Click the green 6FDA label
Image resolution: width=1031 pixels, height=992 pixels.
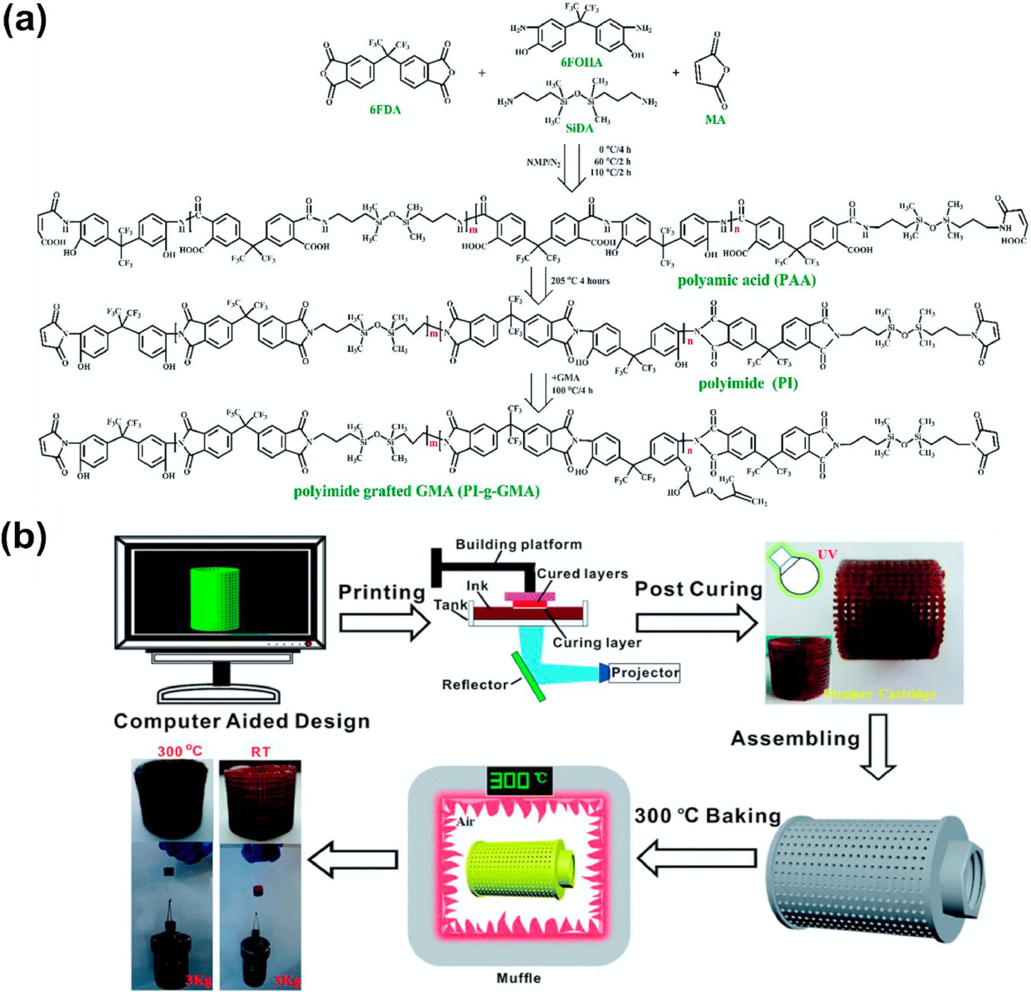click(x=385, y=110)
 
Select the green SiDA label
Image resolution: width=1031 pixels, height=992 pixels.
click(x=579, y=128)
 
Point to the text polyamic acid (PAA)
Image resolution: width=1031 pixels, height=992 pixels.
click(x=746, y=280)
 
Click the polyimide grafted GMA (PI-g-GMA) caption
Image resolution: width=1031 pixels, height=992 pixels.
click(x=416, y=491)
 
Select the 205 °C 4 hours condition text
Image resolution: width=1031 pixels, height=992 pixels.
click(x=580, y=281)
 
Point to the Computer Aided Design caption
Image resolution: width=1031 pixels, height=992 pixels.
click(x=242, y=721)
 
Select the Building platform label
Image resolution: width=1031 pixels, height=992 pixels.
click(x=519, y=545)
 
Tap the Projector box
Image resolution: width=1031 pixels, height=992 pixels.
click(x=644, y=673)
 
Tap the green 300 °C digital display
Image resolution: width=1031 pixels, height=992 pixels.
click(x=519, y=782)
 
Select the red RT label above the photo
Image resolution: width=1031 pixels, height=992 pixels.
click(x=261, y=752)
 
